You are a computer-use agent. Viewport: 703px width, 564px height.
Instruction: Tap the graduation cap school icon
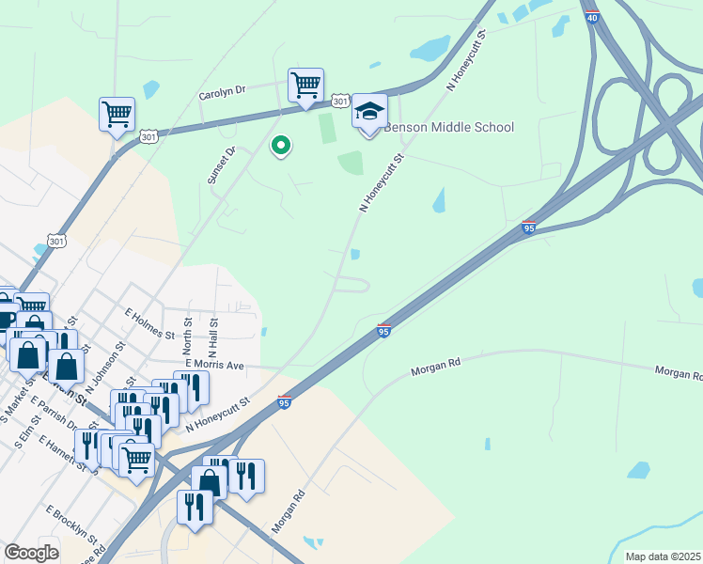tap(369, 112)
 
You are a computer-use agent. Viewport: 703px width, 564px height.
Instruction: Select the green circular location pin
tap(280, 147)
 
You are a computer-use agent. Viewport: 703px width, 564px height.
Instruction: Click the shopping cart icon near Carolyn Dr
tap(305, 86)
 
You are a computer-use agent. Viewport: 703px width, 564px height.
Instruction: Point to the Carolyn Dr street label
tap(222, 92)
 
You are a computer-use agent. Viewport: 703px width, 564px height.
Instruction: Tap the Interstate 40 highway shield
tap(591, 16)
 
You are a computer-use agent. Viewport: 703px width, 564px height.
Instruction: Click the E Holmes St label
tap(149, 322)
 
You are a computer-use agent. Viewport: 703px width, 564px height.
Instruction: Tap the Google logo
tap(32, 553)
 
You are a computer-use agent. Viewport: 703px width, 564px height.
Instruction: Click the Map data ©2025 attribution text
tap(663, 556)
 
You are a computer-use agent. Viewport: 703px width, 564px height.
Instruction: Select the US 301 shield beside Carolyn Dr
tap(341, 101)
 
